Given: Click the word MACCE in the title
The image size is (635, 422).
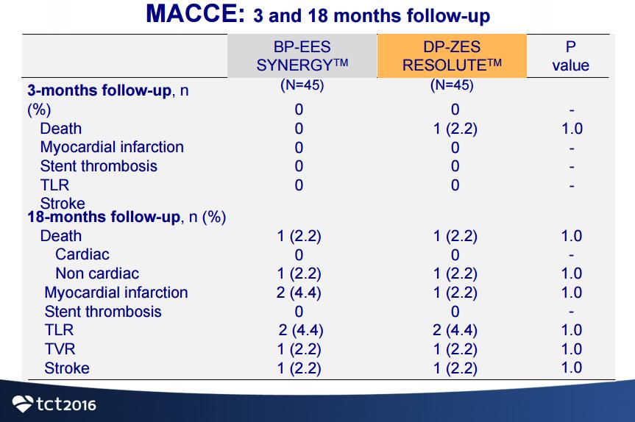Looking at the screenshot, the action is pyautogui.click(x=195, y=13).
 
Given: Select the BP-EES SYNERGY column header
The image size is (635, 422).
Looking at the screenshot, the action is pyautogui.click(x=302, y=56).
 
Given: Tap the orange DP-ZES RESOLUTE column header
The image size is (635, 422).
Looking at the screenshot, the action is pyautogui.click(x=452, y=56).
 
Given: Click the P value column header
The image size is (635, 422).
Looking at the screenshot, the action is pyautogui.click(x=570, y=56).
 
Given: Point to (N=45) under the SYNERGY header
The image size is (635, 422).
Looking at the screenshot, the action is pyautogui.click(x=302, y=85).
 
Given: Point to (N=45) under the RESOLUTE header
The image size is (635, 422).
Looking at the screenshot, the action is pyautogui.click(x=452, y=85).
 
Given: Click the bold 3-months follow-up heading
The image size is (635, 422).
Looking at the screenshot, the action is pyautogui.click(x=99, y=90).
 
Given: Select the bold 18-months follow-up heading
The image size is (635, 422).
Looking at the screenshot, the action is pyautogui.click(x=104, y=217).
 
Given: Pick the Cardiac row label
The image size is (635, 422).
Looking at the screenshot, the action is pyautogui.click(x=82, y=254).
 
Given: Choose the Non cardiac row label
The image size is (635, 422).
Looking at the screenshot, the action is pyautogui.click(x=97, y=273).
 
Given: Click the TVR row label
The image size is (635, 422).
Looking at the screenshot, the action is pyautogui.click(x=60, y=348).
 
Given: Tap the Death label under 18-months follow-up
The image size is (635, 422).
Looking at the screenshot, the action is pyautogui.click(x=61, y=236).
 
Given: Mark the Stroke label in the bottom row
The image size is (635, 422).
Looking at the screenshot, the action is pyautogui.click(x=67, y=368).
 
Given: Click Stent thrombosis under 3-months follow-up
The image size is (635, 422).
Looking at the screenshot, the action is pyautogui.click(x=99, y=166).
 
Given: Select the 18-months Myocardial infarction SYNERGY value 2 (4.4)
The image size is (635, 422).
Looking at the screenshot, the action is pyautogui.click(x=299, y=293).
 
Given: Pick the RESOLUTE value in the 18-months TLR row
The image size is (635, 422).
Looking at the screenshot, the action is pyautogui.click(x=455, y=330).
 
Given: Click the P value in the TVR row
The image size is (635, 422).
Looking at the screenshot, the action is pyautogui.click(x=572, y=348).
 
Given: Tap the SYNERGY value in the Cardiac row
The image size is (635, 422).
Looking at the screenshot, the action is pyautogui.click(x=299, y=255).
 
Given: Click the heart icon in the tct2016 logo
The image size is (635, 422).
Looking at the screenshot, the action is pyautogui.click(x=23, y=404).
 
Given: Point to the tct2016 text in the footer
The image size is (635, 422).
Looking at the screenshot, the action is pyautogui.click(x=66, y=404).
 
